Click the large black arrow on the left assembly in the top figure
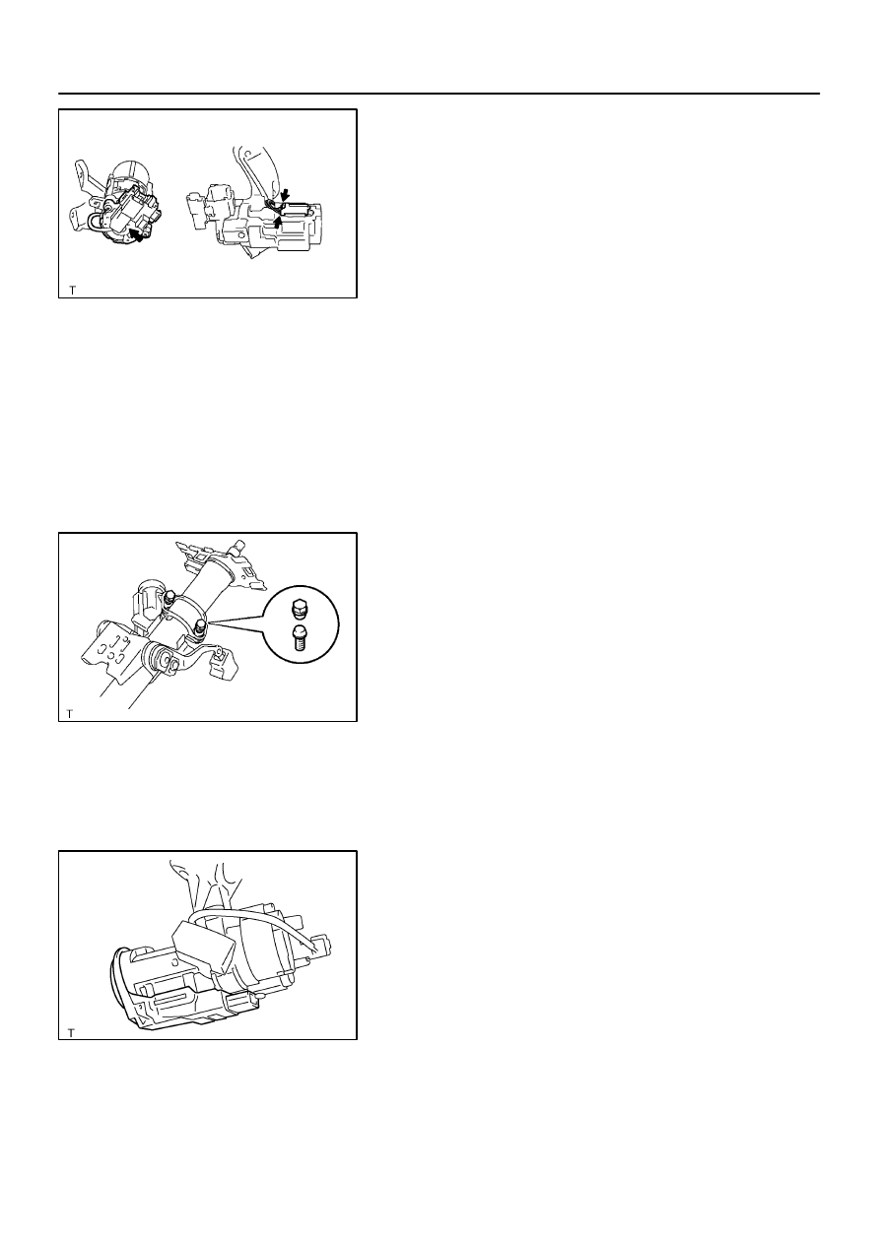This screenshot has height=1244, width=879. click(x=135, y=236)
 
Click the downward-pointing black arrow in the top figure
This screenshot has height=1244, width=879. click(x=285, y=195)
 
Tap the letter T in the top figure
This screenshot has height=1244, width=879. click(x=72, y=290)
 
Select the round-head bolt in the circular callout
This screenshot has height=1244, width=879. click(x=300, y=638)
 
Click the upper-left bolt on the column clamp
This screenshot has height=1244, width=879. click(x=170, y=598)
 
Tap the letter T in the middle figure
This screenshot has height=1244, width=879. click(x=69, y=713)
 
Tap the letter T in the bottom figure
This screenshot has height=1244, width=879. click(x=71, y=1033)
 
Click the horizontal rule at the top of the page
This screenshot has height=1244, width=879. click(x=439, y=94)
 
